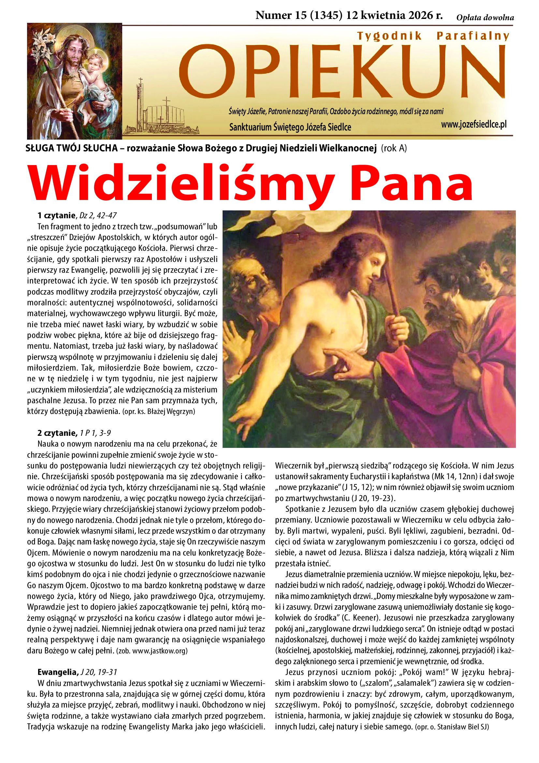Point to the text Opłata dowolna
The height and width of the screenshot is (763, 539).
(x=485, y=18)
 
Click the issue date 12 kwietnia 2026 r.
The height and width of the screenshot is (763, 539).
(x=394, y=16)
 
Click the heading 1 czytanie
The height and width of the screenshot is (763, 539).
(x=56, y=216)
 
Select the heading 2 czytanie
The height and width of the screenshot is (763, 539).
(x=57, y=433)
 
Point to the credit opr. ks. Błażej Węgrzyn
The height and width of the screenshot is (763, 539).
(x=159, y=412)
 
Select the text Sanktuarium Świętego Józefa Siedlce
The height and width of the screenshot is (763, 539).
(x=290, y=127)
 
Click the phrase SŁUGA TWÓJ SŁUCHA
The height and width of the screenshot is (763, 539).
(x=72, y=148)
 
